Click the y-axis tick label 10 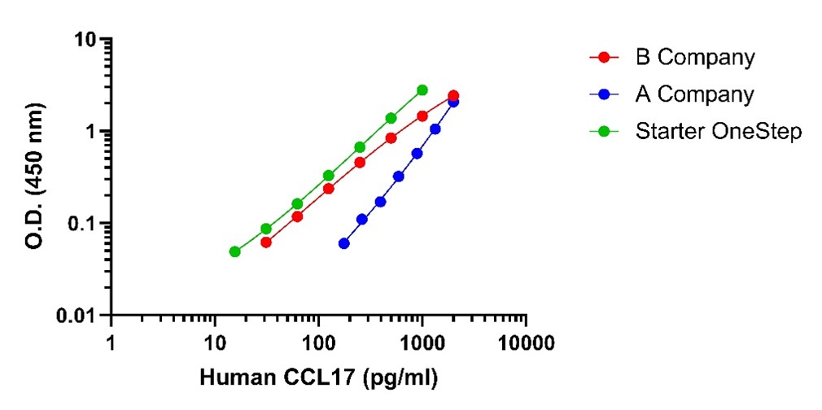90,39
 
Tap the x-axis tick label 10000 525,341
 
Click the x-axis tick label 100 318,341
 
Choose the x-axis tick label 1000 422,341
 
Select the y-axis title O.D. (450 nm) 35,176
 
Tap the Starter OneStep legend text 718,131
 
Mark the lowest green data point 234,251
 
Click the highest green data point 422,89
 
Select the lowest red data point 266,242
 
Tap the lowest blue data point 343,243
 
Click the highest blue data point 453,102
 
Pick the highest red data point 453,95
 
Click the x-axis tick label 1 111,341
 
